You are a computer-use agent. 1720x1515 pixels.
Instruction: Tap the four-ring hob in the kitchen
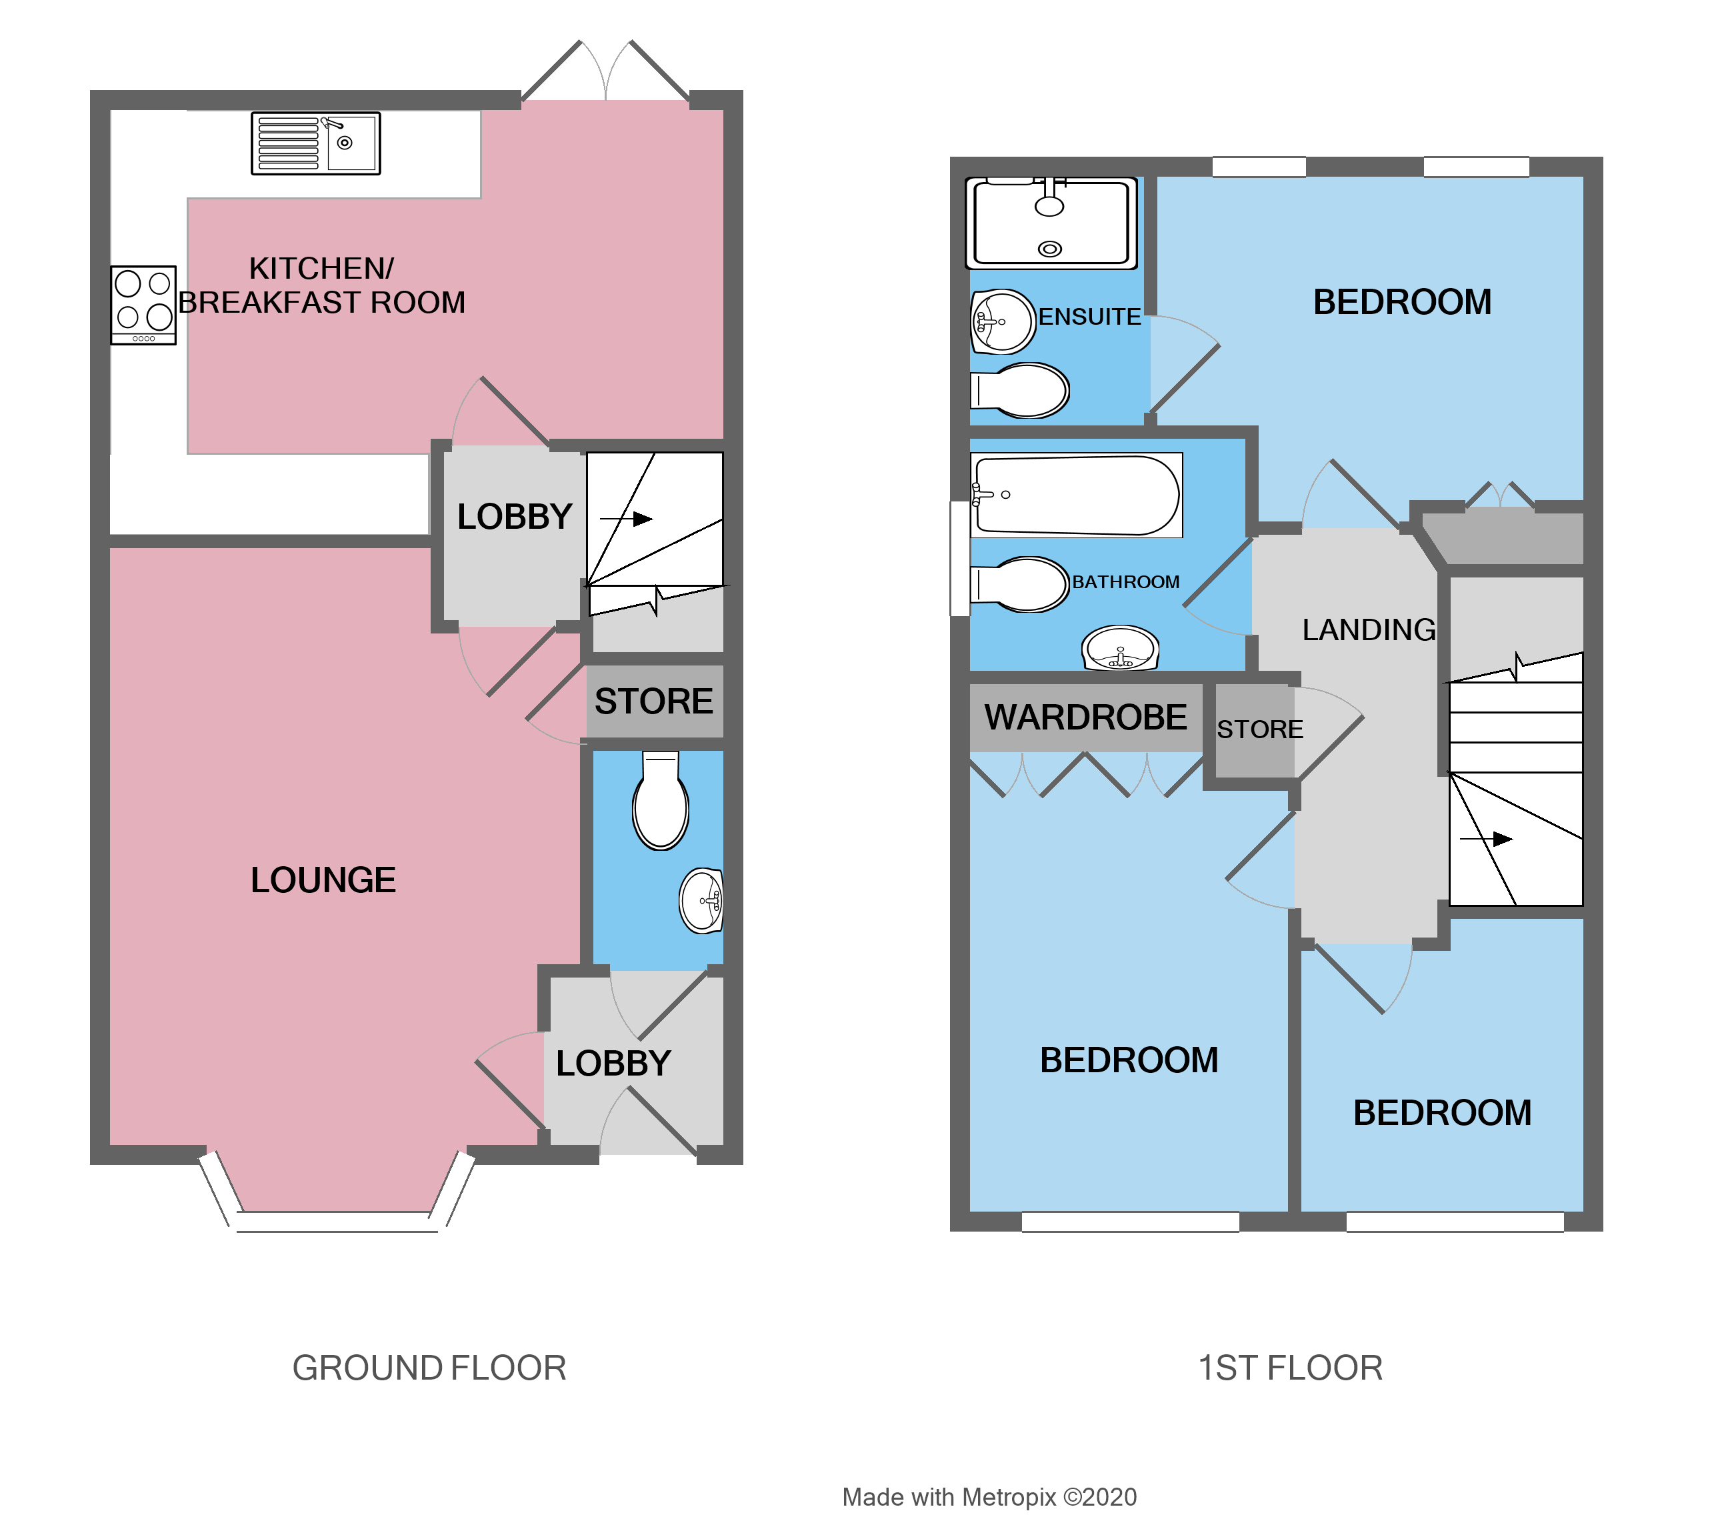tap(143, 305)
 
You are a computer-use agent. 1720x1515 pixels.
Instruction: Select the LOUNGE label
tap(323, 880)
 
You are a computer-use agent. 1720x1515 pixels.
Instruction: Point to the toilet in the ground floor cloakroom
tap(661, 803)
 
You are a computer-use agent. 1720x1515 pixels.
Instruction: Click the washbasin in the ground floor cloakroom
tap(703, 901)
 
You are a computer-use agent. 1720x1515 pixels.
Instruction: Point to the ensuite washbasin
tap(1001, 321)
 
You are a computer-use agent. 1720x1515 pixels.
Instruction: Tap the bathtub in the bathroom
tap(1075, 495)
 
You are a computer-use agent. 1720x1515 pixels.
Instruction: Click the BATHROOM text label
tap(1125, 581)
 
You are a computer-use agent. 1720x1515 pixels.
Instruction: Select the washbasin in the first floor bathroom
tap(1120, 649)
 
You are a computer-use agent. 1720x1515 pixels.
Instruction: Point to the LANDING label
tap(1368, 629)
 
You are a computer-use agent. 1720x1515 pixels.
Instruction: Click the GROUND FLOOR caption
tap(429, 1368)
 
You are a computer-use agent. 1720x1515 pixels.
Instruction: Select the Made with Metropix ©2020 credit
tap(989, 1497)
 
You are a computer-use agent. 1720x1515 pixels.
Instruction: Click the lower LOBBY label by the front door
tap(613, 1063)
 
